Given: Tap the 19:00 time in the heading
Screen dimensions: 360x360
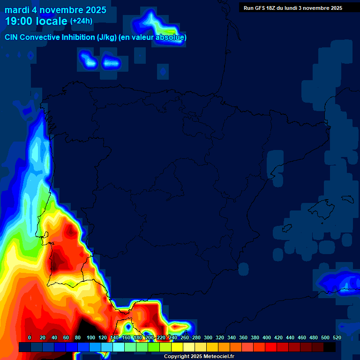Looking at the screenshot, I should click(x=19, y=21).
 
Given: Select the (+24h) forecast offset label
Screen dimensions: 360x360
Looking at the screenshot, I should click(x=81, y=21).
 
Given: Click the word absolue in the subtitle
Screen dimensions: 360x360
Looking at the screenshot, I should click(x=171, y=37).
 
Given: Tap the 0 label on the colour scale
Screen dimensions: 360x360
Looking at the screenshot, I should click(x=30, y=337).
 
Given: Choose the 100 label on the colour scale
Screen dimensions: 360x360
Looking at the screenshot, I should click(x=90, y=337).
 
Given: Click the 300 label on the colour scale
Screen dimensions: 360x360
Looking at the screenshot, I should click(x=208, y=337).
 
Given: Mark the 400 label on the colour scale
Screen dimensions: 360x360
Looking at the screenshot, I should click(x=266, y=337).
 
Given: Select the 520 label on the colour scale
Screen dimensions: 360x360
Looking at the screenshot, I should click(x=337, y=337).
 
